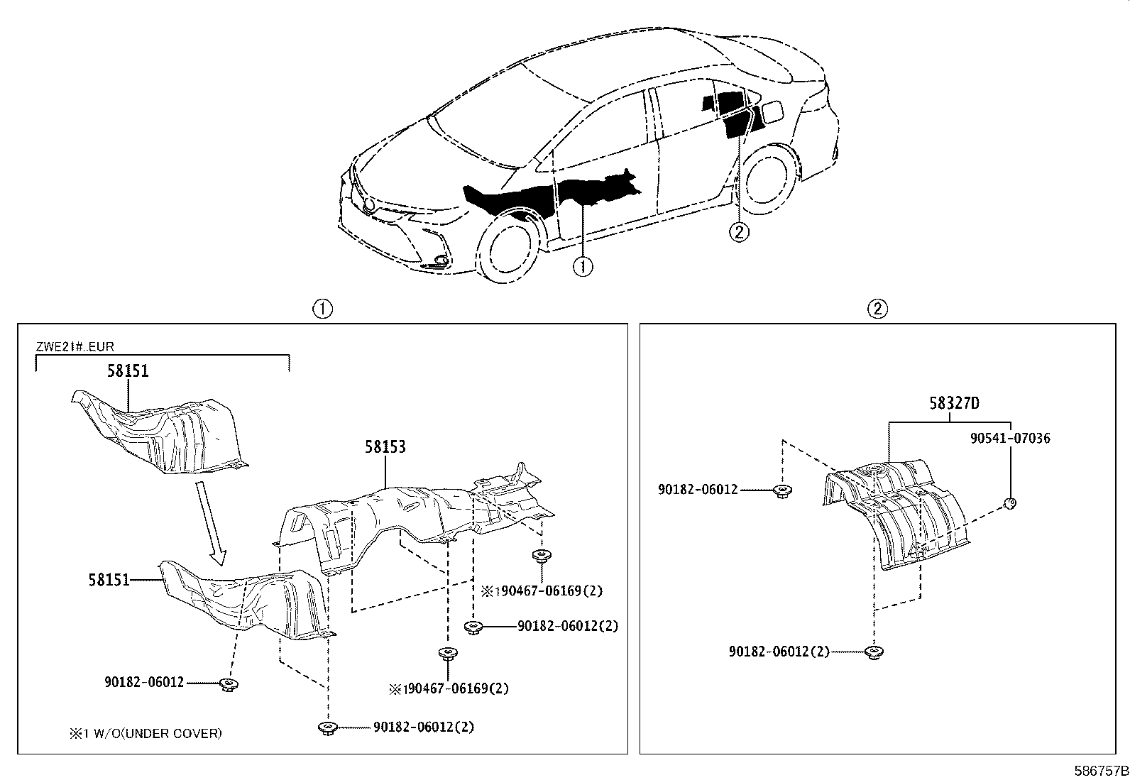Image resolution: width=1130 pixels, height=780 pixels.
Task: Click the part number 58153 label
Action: point(385,447)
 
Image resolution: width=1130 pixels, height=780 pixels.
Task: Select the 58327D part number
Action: point(954,403)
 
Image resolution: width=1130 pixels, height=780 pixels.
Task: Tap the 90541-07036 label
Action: point(1010,439)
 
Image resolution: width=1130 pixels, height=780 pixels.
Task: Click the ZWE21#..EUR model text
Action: point(75,347)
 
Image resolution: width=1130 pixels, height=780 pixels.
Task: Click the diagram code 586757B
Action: point(1100,771)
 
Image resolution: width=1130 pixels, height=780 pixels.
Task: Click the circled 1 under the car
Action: point(583,266)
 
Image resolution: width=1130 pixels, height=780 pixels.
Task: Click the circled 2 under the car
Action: point(739,231)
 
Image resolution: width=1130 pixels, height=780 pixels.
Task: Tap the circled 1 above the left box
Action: point(322,309)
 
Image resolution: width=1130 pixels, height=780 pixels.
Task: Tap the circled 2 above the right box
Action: point(877,309)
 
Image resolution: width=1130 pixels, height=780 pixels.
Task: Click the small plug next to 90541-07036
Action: point(1010,504)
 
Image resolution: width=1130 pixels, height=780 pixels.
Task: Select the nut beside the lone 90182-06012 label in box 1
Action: point(229,684)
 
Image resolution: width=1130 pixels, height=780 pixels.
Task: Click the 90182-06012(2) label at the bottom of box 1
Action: point(424,727)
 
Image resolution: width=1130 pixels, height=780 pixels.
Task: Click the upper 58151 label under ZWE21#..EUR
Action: point(128,371)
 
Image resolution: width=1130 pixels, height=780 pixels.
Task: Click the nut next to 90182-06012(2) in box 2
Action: point(874,652)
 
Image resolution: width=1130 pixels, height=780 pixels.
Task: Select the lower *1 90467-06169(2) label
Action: point(449,688)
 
